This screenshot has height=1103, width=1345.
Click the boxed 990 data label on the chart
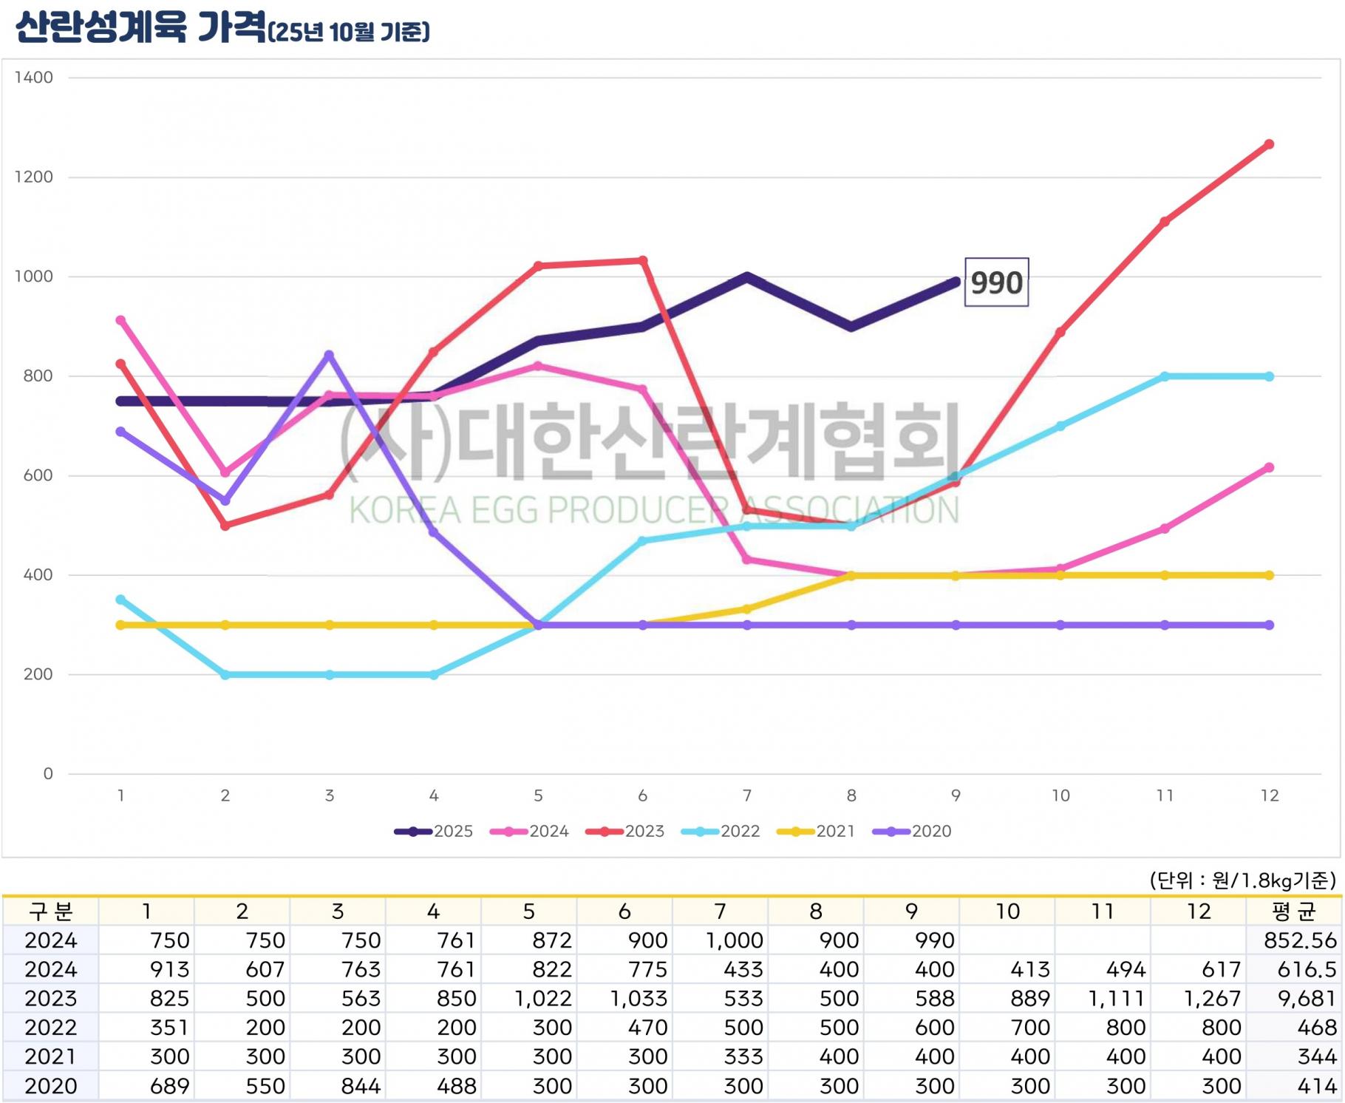point(996,282)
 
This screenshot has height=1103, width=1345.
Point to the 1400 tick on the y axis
point(34,78)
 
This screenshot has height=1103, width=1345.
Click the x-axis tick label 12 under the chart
point(1269,795)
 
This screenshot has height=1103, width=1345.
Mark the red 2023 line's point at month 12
point(1269,145)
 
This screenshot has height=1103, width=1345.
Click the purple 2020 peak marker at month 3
point(330,355)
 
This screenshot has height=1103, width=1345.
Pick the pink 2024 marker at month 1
point(121,321)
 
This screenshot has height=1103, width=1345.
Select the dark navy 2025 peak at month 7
point(747,277)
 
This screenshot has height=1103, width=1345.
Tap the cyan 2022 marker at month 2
point(225,675)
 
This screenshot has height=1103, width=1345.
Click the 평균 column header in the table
point(1294,912)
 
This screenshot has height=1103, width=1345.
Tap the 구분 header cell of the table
point(50,912)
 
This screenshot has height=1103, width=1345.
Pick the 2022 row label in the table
point(50,1028)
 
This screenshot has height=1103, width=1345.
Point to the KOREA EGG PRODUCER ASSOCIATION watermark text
point(653,510)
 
